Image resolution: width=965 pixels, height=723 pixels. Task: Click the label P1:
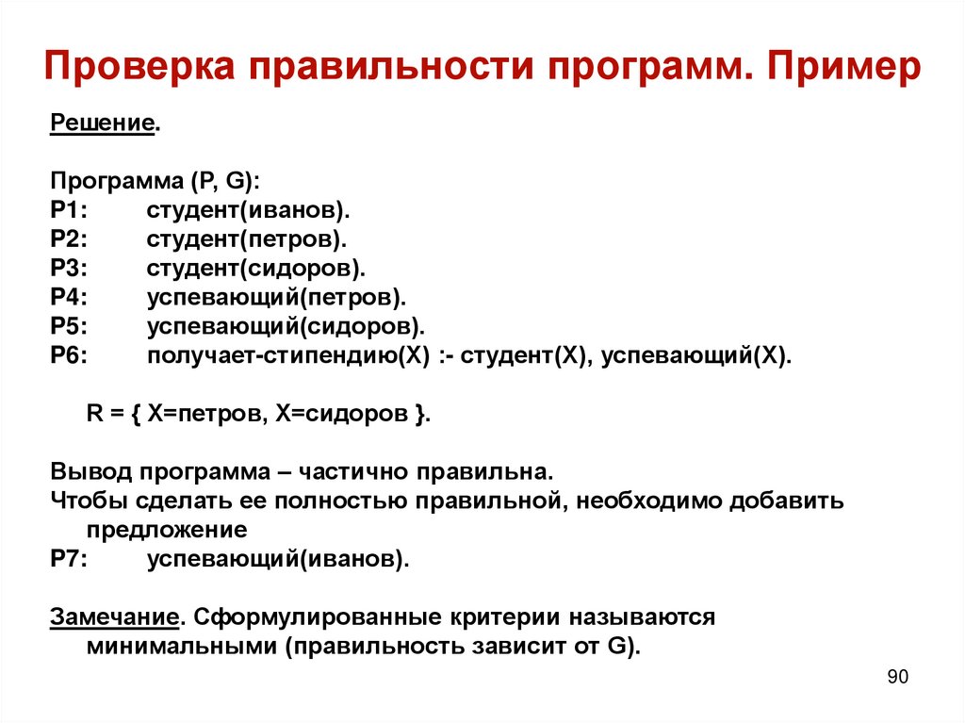[69, 209]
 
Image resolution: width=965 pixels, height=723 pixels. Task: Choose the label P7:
[69, 559]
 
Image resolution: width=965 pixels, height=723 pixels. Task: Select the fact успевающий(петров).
[276, 297]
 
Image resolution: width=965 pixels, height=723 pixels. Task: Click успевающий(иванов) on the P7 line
[278, 559]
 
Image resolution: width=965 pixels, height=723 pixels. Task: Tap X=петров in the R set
[203, 414]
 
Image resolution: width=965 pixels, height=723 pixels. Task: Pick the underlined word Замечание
[114, 617]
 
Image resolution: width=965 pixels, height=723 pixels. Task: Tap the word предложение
[167, 530]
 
